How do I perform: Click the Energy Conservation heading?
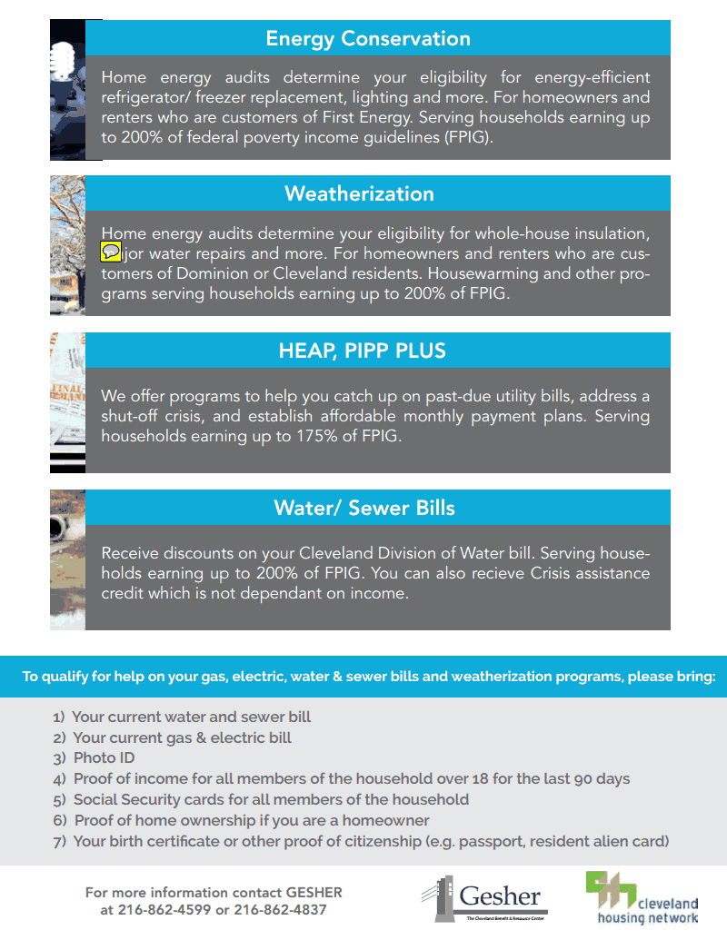368,39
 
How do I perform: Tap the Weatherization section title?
360,193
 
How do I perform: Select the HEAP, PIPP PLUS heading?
363,351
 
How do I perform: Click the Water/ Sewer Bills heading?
364,508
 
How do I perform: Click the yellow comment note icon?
111,252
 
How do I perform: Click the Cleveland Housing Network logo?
642,897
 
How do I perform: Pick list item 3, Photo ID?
104,757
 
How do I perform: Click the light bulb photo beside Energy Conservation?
67,89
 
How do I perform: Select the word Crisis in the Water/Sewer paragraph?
533,574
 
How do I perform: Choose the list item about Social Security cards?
271,799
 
